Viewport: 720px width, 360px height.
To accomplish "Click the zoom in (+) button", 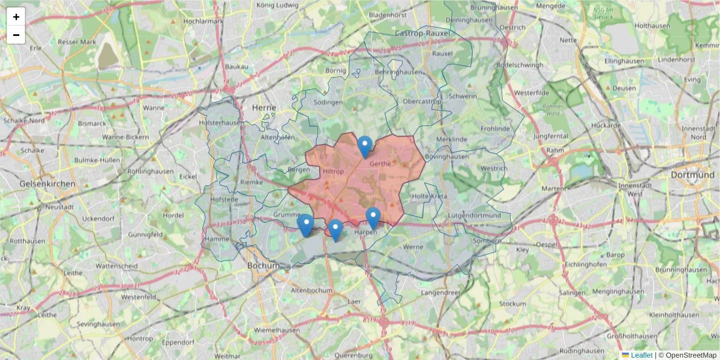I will tap(16, 17).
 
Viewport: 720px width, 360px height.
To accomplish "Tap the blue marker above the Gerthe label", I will tap(365, 146).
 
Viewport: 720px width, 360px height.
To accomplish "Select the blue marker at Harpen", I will tap(373, 218).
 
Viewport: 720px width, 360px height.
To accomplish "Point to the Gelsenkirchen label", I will tap(47, 184).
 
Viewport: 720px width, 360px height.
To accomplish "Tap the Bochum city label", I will tap(264, 265).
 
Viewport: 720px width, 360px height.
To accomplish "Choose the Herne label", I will tap(264, 107).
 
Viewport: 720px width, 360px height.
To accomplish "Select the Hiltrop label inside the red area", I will tap(334, 171).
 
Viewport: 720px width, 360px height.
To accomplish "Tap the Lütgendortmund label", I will tap(474, 215).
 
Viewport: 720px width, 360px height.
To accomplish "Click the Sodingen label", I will tap(328, 102).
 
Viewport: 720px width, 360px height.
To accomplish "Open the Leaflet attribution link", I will tap(641, 355).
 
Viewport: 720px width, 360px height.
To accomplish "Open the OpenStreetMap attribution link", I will tap(691, 355).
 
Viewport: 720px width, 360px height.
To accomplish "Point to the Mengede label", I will tap(550, 6).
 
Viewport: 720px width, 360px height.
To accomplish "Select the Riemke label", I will tap(251, 182).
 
